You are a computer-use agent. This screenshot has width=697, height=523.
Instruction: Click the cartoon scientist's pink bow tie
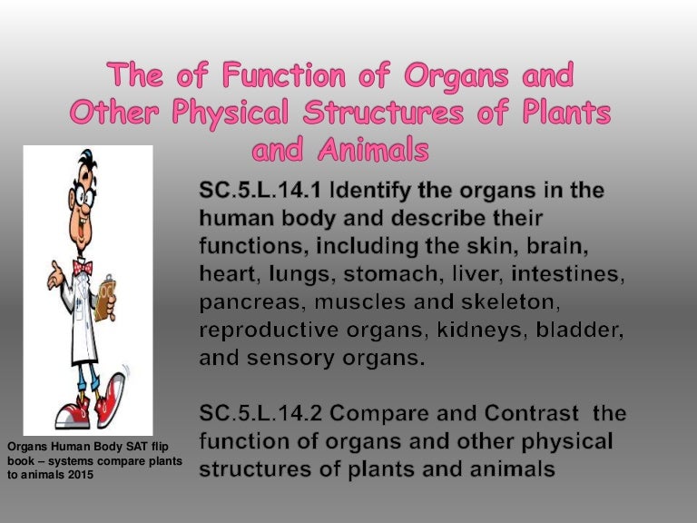[83, 268]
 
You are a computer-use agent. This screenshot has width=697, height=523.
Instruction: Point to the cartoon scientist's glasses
[81, 201]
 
